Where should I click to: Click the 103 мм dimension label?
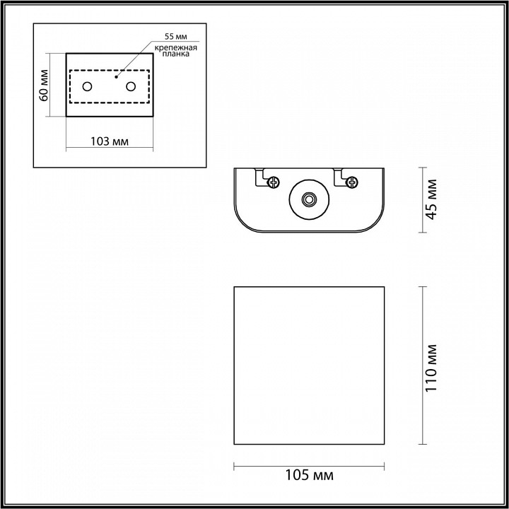pos(110,141)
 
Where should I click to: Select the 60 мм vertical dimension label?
pos(45,86)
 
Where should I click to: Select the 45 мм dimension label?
pos(433,200)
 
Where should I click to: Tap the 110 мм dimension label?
pos(433,366)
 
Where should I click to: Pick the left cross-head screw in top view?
pos(272,182)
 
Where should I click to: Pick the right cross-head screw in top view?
pos(350,182)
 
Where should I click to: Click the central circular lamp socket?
pos(308,200)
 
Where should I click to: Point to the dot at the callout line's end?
pos(117,72)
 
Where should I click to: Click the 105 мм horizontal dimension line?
pos(309,465)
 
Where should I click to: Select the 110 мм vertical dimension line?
pos(422,366)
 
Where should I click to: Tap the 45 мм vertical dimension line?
pos(422,200)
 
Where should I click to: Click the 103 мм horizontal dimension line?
pos(110,148)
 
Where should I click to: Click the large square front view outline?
pos(309,366)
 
